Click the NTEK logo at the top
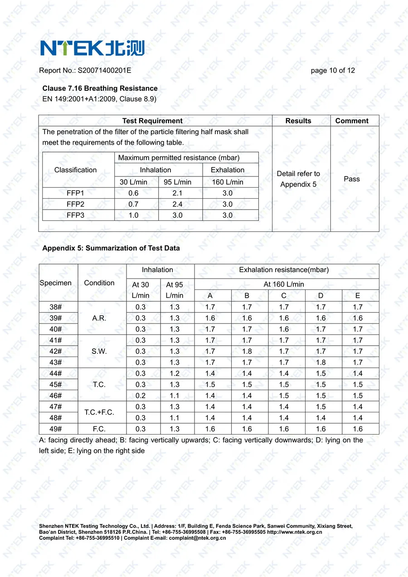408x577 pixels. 92,48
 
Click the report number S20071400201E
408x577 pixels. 104,70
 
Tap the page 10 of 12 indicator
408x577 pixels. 333,70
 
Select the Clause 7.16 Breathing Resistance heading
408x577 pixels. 100,88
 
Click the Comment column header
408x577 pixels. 352,121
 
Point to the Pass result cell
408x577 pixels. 352,179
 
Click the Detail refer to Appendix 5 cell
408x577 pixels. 298,179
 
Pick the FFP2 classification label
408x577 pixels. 75,204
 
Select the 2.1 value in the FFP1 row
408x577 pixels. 177,193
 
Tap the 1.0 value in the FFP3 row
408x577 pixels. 133,215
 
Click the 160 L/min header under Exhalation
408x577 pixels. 228,182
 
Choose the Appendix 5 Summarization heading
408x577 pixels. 111,248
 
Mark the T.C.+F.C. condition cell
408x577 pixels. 99,412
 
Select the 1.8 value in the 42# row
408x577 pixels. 247,351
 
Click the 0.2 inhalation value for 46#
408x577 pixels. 141,396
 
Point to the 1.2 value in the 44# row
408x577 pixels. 175,373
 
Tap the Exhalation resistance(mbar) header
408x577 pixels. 284,270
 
